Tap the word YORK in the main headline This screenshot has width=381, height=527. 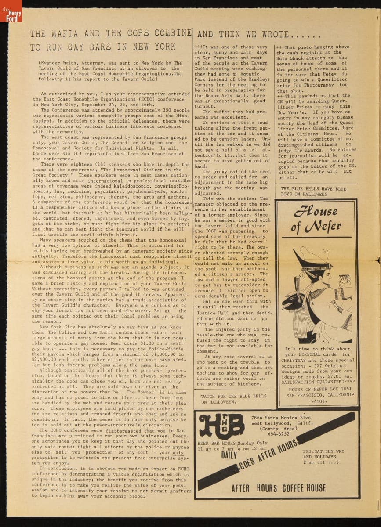(162, 47)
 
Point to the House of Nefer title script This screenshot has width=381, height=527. (316, 219)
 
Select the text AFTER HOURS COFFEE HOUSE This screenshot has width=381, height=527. (279, 488)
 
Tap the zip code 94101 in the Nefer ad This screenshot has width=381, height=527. (319, 401)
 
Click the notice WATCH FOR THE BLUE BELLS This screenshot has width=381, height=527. (233, 396)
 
